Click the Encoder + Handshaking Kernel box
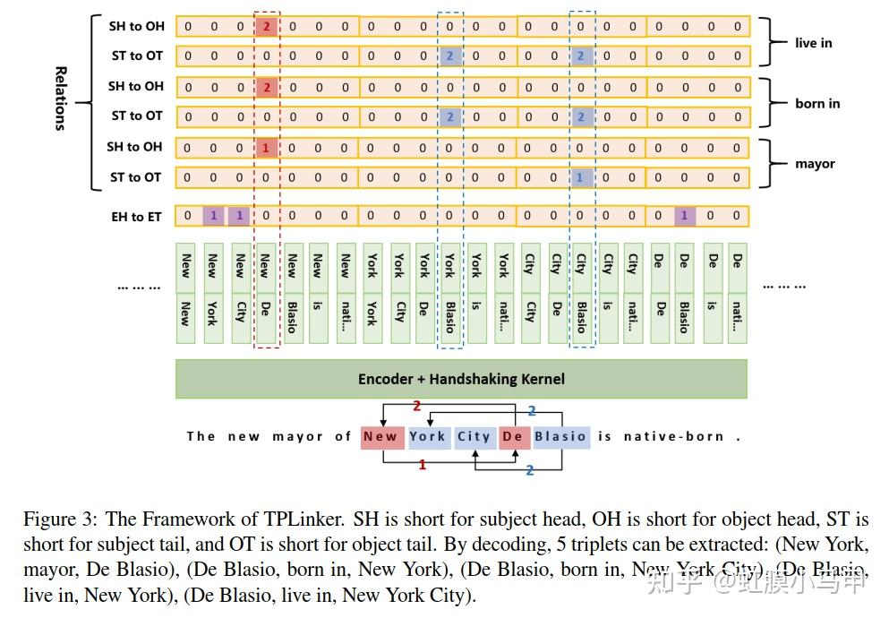[x=461, y=379]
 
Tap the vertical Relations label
[x=61, y=99]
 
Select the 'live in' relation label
[x=813, y=42]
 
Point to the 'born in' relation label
[x=817, y=103]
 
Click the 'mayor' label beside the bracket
[x=815, y=164]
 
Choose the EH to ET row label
[x=136, y=216]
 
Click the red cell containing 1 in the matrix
[x=266, y=148]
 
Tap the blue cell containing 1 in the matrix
[x=580, y=177]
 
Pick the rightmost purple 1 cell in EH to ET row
[x=684, y=216]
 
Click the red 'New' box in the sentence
[x=380, y=437]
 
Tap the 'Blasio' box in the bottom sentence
[x=560, y=437]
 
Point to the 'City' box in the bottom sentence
[x=474, y=437]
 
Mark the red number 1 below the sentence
[x=423, y=465]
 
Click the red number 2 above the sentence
[x=416, y=407]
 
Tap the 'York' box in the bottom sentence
[x=427, y=437]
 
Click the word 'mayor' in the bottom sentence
[x=297, y=437]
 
